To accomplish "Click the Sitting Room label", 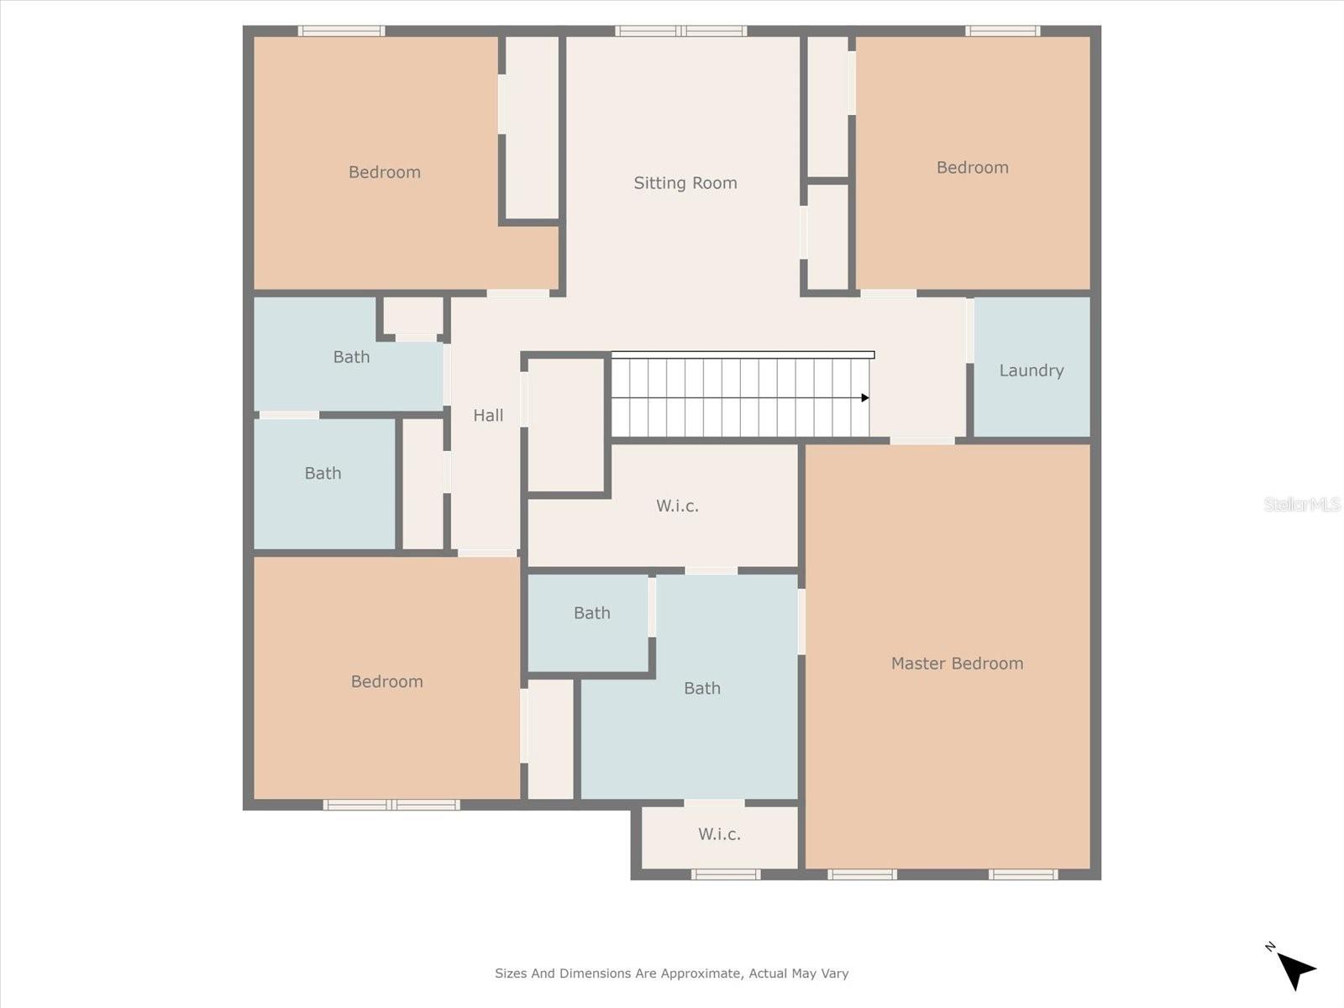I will tap(685, 183).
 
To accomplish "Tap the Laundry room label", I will tap(1031, 370).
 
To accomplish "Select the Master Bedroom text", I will tap(957, 664).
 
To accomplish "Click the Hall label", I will tap(488, 415).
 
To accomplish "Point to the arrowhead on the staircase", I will tap(865, 398).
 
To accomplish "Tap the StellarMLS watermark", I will tap(1301, 504).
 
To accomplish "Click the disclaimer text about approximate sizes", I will tap(671, 974).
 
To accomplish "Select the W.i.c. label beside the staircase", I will tap(677, 506).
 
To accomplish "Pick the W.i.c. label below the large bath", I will tap(719, 834).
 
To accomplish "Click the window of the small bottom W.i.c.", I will tap(726, 874).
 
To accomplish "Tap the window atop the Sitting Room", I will tap(680, 31).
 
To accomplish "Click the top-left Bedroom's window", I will tap(342, 31).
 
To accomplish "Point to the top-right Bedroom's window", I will tap(1002, 31).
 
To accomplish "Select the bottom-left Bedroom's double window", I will tap(391, 805).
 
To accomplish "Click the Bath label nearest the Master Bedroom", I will tap(701, 689).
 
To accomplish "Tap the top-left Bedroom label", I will tap(384, 172).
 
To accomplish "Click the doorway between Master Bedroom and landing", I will tap(922, 440).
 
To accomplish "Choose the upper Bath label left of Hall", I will tap(351, 357).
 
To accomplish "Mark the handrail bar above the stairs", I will tap(743, 354).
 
